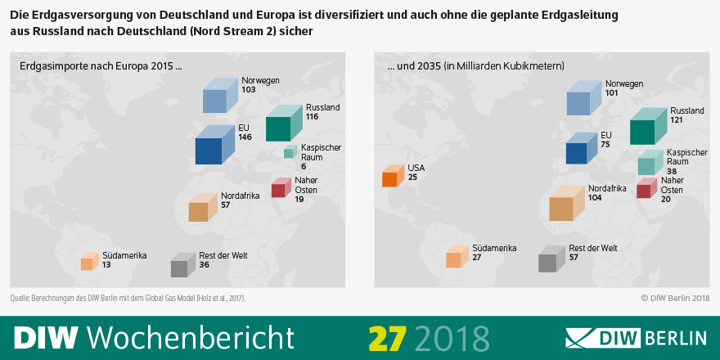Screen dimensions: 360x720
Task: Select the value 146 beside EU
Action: pos(245,137)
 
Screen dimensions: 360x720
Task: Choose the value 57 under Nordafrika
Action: pos(226,205)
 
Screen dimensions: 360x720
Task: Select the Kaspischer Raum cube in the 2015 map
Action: pos(289,152)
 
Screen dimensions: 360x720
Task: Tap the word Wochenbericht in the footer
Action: pos(190,337)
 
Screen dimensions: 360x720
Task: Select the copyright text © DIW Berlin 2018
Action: pos(675,298)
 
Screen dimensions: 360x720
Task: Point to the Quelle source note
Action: pos(128,298)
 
